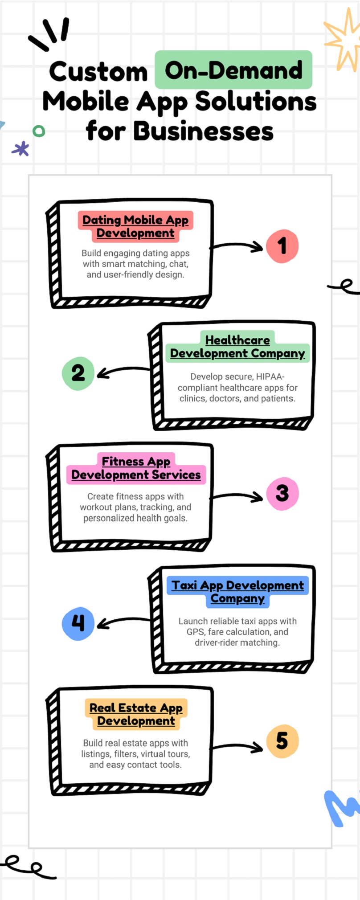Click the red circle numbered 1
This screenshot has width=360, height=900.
tap(282, 246)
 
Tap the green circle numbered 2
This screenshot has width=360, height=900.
tap(78, 373)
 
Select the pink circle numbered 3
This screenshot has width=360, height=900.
tap(282, 494)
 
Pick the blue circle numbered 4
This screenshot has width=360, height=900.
tap(78, 623)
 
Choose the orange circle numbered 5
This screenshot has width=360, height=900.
tap(282, 741)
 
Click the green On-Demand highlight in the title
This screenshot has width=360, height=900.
tap(233, 70)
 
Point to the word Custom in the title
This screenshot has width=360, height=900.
tap(98, 72)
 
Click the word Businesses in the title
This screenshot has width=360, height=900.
tap(203, 131)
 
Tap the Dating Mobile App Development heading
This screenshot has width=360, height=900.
tap(135, 226)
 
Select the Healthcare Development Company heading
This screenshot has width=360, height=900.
tap(237, 347)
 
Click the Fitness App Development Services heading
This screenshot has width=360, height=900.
tap(136, 468)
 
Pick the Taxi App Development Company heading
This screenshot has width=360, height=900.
tap(237, 592)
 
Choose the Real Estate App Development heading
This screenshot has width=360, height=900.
tap(136, 714)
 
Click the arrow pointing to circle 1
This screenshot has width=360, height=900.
tap(237, 245)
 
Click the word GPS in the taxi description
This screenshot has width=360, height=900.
tap(196, 632)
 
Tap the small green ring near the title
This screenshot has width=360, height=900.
tap(39, 131)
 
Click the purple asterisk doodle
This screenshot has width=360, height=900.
tap(20, 149)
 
